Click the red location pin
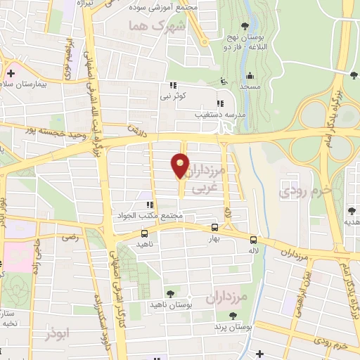[x=181, y=167]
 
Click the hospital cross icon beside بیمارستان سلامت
[x=11, y=73]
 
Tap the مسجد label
[x=249, y=84]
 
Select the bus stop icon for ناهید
[x=145, y=233]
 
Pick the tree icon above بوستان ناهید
[x=169, y=293]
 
